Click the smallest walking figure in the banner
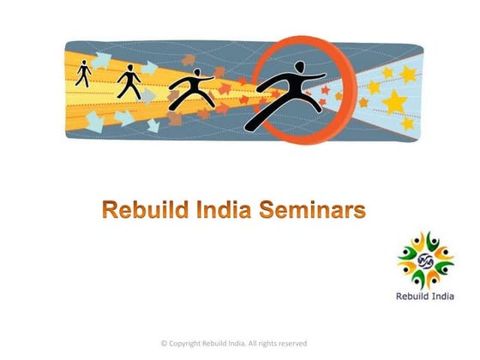point(83,74)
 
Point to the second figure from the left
point(129,81)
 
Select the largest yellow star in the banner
point(395,103)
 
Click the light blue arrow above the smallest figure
point(102,59)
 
